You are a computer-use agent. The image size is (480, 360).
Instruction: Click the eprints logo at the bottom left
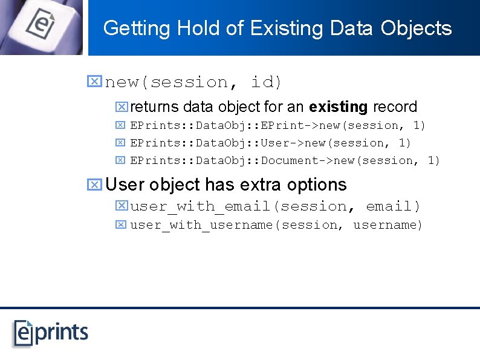point(51,332)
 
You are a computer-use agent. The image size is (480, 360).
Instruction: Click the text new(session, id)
point(193,82)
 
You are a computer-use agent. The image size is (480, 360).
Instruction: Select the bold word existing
point(338,107)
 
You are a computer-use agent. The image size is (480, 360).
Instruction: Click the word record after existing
point(395,107)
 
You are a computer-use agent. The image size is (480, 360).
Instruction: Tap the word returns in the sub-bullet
point(154,107)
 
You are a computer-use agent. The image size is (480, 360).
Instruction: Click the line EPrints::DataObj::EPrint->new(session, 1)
point(278,126)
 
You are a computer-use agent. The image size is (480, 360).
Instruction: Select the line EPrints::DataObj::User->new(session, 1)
point(271,143)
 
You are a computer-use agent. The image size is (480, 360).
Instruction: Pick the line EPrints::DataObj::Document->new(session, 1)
point(285,161)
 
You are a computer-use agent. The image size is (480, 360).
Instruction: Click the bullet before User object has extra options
point(94,185)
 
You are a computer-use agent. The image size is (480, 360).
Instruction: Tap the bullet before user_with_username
point(120,225)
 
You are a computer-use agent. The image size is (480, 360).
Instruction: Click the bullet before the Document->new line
point(120,161)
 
